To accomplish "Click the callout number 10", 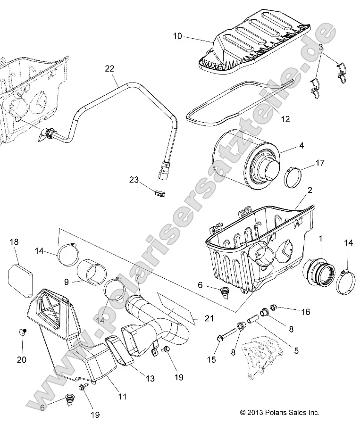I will click(x=177, y=36).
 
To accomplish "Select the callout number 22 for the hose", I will click(x=109, y=69).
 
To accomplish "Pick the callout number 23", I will click(x=134, y=179).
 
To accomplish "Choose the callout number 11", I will click(x=122, y=397).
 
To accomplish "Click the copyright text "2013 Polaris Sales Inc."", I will click(x=280, y=412).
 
